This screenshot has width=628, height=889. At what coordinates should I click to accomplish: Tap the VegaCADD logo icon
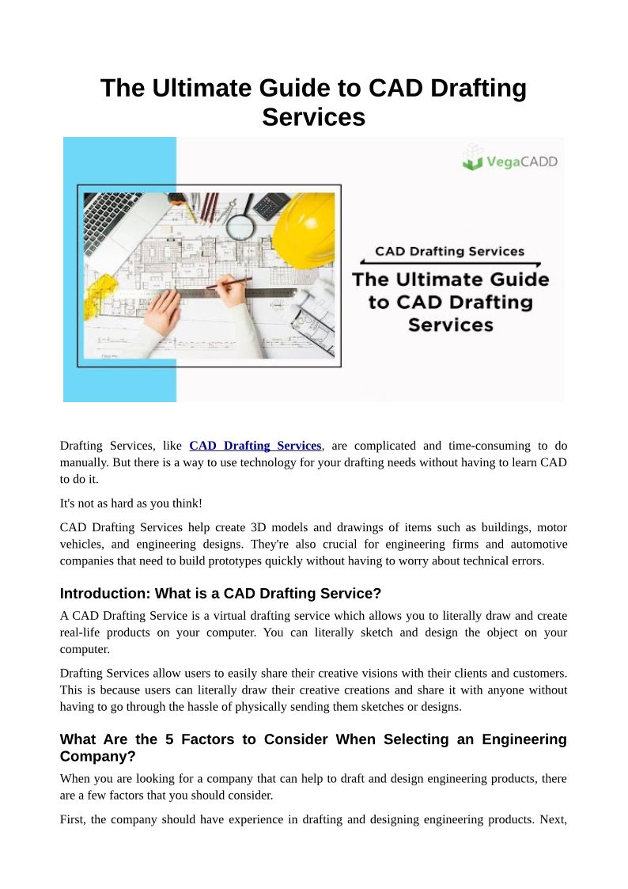[x=473, y=157]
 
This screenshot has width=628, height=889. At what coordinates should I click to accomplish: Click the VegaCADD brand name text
[x=521, y=161]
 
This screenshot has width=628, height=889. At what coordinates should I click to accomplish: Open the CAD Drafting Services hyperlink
[x=255, y=446]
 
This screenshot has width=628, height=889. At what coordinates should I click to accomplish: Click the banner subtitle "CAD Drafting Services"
[x=449, y=252]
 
